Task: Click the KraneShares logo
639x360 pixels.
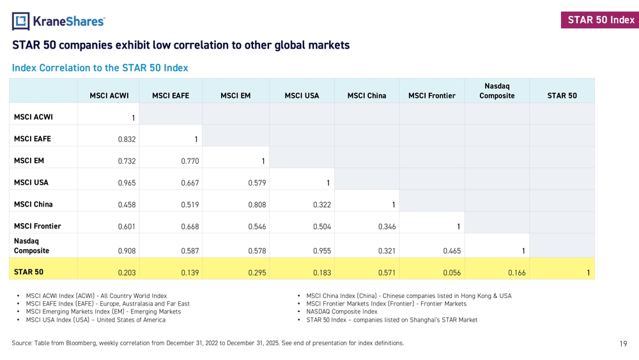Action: pos(58,21)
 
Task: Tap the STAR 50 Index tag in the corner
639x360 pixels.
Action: pos(601,20)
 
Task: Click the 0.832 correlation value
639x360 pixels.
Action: pos(127,139)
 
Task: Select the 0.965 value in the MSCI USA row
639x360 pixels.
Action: pos(127,183)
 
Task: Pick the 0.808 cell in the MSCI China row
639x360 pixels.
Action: pos(257,205)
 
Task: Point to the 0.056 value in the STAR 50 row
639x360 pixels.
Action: pos(452,273)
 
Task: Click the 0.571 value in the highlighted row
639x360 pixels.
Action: pos(387,273)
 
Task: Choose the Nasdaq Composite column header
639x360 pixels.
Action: pos(497,91)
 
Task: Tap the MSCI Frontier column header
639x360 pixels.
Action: pos(431,96)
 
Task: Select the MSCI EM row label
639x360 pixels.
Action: pos(29,160)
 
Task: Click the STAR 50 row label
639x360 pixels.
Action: pos(29,272)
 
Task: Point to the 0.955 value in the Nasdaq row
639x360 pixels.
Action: pos(322,251)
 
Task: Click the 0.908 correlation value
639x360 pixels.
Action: pos(127,251)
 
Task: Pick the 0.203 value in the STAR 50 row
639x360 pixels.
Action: pos(127,273)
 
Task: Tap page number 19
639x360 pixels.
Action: pos(623,344)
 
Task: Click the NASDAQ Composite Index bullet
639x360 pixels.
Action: pos(342,311)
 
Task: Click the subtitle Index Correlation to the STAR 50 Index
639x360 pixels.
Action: pos(100,68)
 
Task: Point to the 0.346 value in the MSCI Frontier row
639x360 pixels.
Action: pos(387,226)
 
